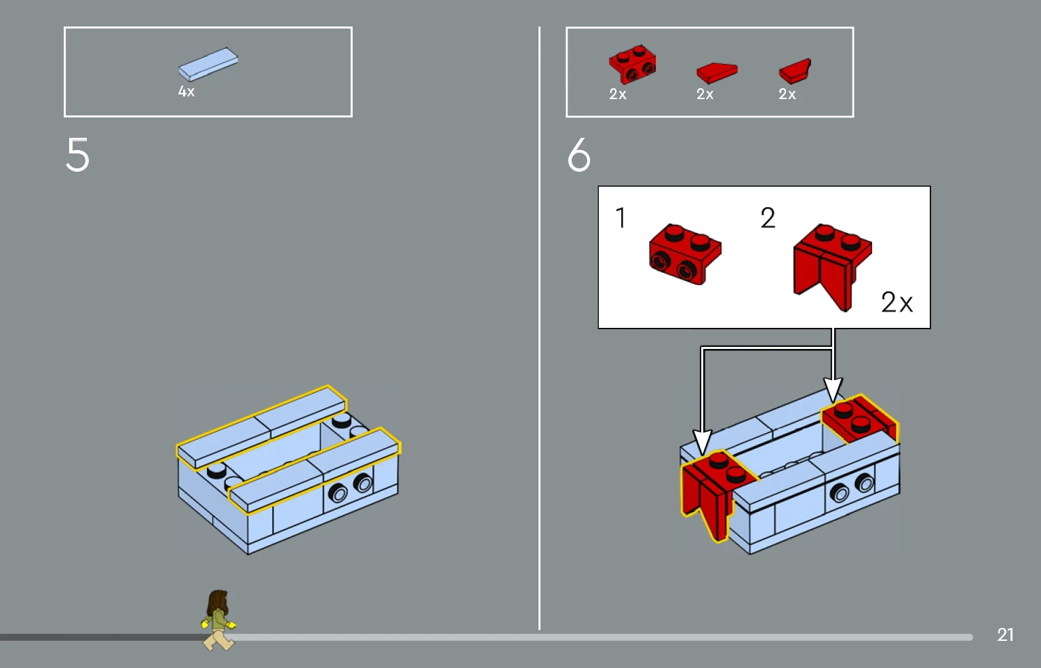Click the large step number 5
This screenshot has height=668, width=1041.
click(78, 155)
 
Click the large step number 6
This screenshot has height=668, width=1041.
click(579, 155)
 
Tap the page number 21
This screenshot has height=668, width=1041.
click(1005, 635)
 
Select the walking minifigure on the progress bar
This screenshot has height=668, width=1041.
click(218, 620)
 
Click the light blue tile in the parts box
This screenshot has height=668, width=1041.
click(208, 64)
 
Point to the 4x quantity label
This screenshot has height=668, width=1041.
click(186, 92)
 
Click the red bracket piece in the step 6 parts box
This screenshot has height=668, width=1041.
click(632, 65)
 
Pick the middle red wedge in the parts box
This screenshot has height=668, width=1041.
click(717, 71)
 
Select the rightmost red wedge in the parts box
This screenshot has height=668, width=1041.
click(795, 71)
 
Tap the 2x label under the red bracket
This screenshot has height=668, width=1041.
click(618, 94)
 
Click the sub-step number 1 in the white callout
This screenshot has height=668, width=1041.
click(621, 218)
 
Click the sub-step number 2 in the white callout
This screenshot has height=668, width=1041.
click(768, 218)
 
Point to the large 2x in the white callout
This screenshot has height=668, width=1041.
click(897, 302)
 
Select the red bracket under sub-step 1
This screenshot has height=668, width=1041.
click(685, 254)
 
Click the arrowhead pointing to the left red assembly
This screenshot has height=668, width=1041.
click(703, 442)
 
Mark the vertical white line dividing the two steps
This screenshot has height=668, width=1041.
click(540, 326)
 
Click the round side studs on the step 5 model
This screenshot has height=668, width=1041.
click(351, 488)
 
